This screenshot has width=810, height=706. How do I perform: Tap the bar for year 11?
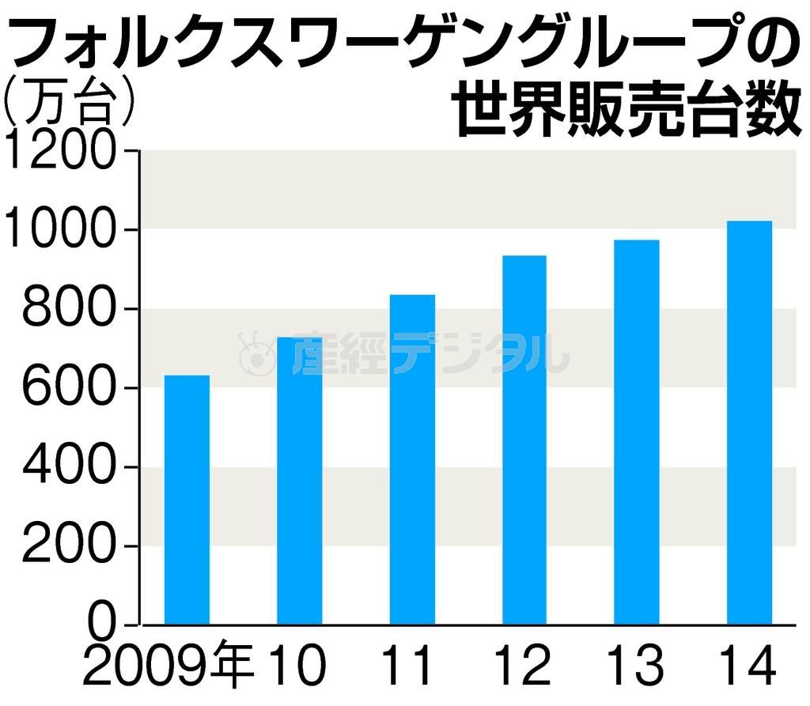412,459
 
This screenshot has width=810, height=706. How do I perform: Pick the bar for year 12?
524,440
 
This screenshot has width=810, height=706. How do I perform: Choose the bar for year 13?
637,432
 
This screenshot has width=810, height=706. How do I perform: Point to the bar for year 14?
749,422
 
